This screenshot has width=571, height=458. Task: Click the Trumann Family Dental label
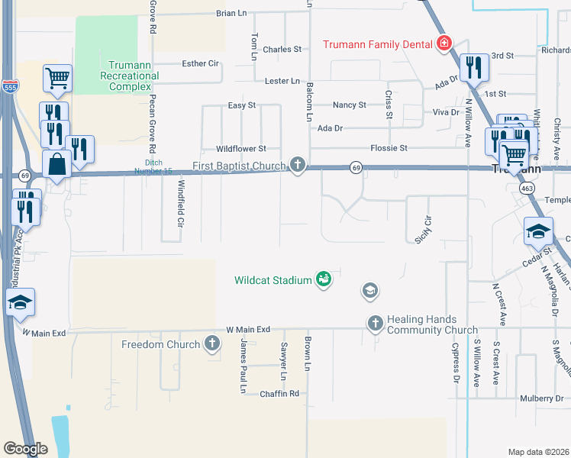(x=377, y=44)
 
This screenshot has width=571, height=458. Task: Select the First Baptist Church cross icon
(x=298, y=166)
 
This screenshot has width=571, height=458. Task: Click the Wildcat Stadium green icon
(x=324, y=279)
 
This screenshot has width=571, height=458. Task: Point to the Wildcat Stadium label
(x=273, y=280)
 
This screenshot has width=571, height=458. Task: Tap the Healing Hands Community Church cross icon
(x=375, y=324)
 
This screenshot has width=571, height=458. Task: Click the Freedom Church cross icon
(x=212, y=344)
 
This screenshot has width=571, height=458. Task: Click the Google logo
(x=25, y=448)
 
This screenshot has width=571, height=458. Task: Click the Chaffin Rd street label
(x=279, y=394)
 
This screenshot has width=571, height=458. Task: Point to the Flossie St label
(x=389, y=147)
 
